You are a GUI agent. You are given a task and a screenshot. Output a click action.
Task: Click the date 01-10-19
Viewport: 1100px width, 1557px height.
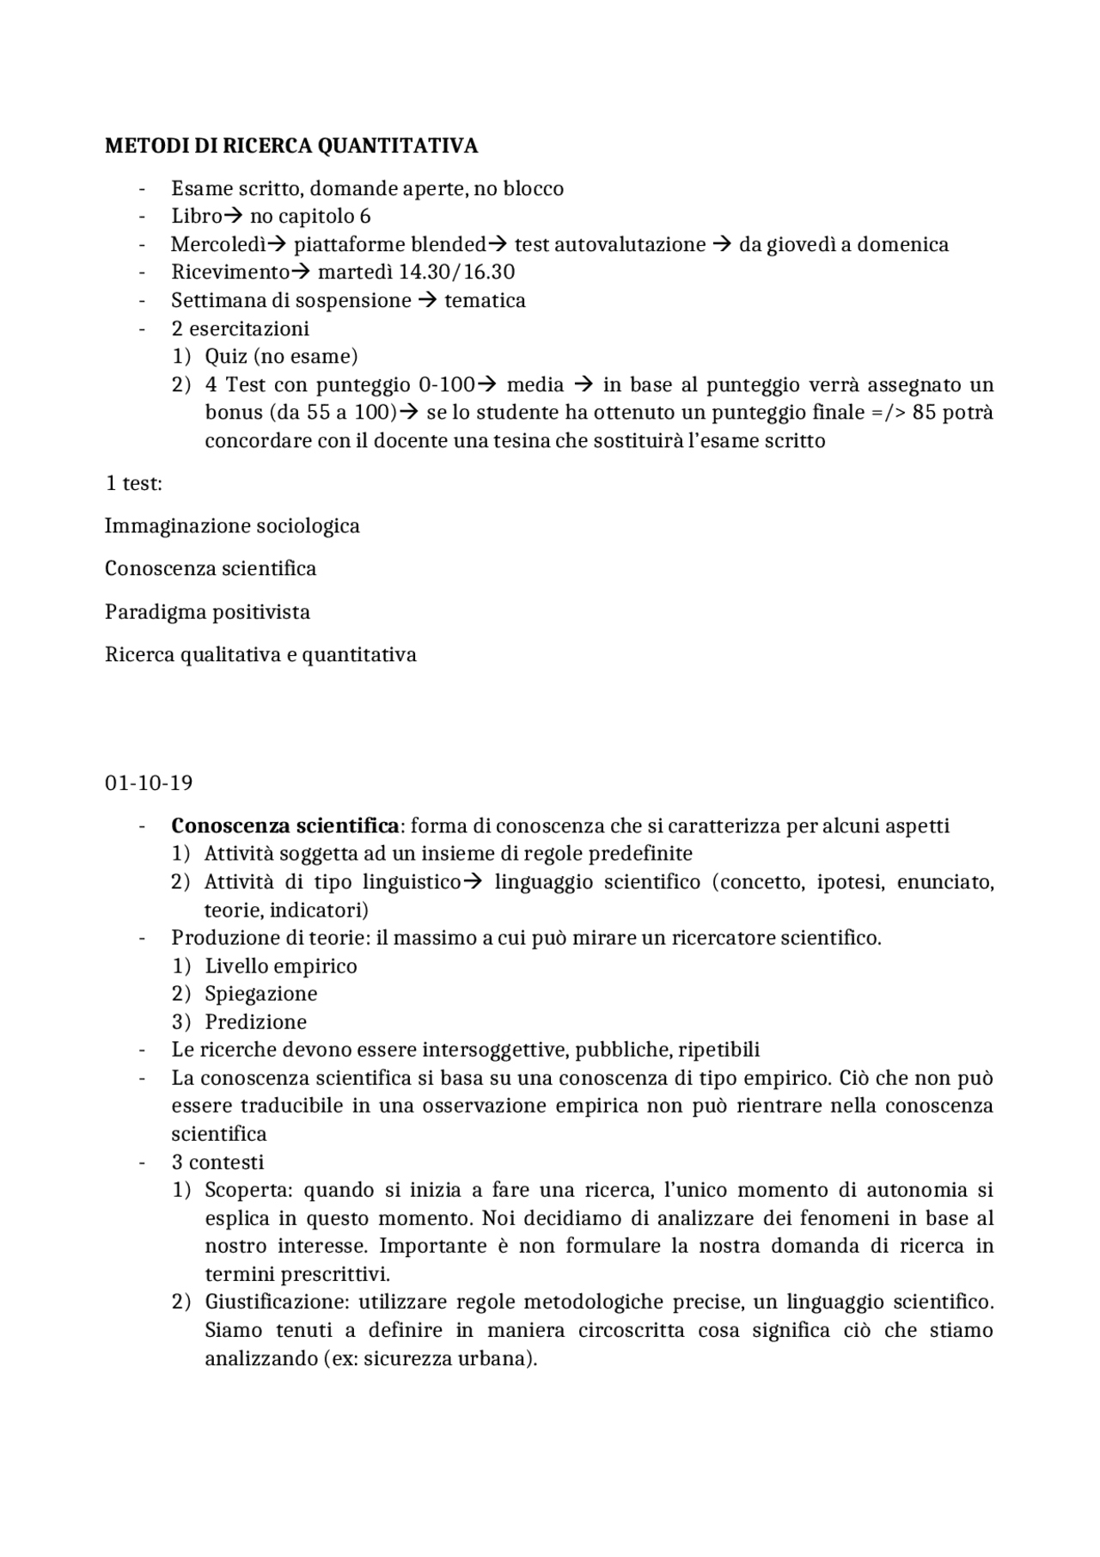[x=149, y=783]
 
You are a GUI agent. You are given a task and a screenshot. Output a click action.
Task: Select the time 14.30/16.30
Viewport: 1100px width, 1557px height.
[x=456, y=273]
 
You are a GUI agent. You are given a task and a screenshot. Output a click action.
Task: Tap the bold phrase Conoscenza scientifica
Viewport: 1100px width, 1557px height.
[x=285, y=826]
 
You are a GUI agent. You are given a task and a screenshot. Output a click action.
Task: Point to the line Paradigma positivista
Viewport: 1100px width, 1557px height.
[x=207, y=612]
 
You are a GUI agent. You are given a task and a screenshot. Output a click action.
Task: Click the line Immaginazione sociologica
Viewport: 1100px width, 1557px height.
[x=232, y=526]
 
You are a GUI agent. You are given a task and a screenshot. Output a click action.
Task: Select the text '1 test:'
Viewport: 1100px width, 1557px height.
[x=133, y=483]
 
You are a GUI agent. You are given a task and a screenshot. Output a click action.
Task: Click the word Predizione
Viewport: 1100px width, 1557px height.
[x=255, y=1022]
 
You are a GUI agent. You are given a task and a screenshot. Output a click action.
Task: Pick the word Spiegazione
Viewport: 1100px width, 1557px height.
[x=260, y=994]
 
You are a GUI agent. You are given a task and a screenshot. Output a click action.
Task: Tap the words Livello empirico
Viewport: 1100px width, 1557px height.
[x=280, y=966]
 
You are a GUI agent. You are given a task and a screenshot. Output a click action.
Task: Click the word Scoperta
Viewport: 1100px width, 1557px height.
[x=248, y=1191]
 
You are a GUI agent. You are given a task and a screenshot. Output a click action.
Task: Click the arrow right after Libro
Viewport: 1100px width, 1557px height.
[x=234, y=216]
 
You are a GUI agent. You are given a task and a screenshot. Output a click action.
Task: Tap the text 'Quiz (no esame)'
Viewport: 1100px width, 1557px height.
[x=281, y=356]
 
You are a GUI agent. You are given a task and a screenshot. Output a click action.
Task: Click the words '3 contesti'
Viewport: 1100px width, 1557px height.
[x=217, y=1162]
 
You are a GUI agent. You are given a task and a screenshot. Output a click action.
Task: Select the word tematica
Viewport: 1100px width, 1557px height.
[x=485, y=301]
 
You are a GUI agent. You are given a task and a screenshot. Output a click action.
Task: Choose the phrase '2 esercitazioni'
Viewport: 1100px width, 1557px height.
[x=240, y=328]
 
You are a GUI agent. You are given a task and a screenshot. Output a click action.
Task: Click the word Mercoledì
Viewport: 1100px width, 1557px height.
[x=218, y=244]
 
